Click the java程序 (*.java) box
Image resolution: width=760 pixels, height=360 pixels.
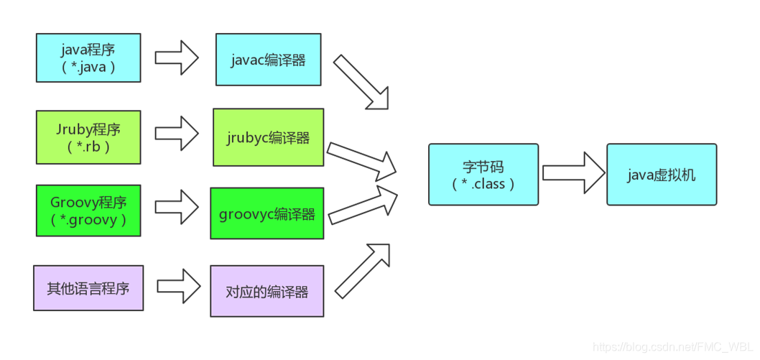[88, 57]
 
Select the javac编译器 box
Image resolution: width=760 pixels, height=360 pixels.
[268, 59]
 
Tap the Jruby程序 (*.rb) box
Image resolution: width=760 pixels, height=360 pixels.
[88, 137]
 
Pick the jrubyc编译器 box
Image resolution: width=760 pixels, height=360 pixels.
[268, 137]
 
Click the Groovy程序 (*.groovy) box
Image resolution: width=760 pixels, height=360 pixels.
[88, 211]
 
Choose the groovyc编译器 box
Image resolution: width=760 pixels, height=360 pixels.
[267, 213]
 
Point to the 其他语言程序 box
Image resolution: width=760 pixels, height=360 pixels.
[88, 288]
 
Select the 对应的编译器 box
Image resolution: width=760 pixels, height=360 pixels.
[267, 291]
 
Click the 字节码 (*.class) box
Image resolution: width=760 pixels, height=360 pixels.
[483, 175]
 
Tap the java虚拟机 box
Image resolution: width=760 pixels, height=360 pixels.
[661, 175]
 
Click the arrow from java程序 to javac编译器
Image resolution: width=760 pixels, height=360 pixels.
[177, 57]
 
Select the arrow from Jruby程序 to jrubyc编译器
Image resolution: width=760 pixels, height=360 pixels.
[177, 132]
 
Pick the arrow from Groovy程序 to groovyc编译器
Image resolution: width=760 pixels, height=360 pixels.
[177, 207]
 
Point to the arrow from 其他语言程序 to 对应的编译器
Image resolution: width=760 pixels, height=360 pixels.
[178, 286]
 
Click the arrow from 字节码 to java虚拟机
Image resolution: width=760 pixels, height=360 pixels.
[573, 172]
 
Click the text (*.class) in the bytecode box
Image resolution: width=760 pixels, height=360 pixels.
[483, 184]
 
